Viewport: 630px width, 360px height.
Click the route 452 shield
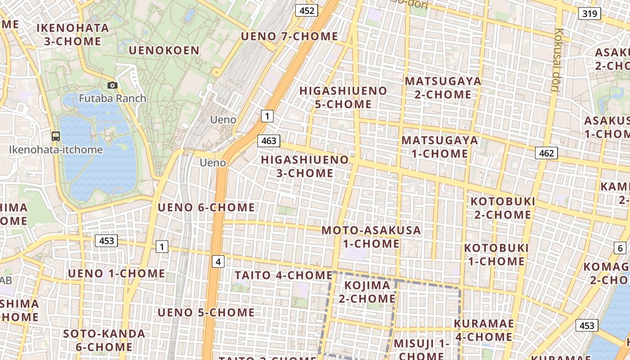(306, 10)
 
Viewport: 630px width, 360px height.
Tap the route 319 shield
(589, 13)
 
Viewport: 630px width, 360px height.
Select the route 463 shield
(269, 141)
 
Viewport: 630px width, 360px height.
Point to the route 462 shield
(546, 153)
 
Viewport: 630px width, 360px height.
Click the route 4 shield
(218, 261)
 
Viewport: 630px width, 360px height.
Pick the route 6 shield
(620, 248)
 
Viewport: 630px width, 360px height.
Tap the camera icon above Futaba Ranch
(112, 85)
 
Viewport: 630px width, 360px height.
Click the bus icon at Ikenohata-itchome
(56, 136)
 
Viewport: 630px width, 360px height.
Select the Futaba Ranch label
(112, 98)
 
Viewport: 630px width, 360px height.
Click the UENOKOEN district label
(164, 50)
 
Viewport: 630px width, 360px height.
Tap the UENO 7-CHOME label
(289, 36)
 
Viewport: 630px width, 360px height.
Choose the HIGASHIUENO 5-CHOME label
(343, 97)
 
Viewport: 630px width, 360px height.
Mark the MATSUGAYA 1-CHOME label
(440, 147)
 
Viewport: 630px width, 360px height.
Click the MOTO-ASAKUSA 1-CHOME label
(371, 237)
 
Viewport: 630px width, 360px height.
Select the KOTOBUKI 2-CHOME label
(503, 207)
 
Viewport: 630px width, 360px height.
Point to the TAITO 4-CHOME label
(283, 275)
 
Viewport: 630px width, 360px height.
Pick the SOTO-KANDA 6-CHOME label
(104, 340)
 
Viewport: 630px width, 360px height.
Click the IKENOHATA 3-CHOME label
(72, 34)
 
